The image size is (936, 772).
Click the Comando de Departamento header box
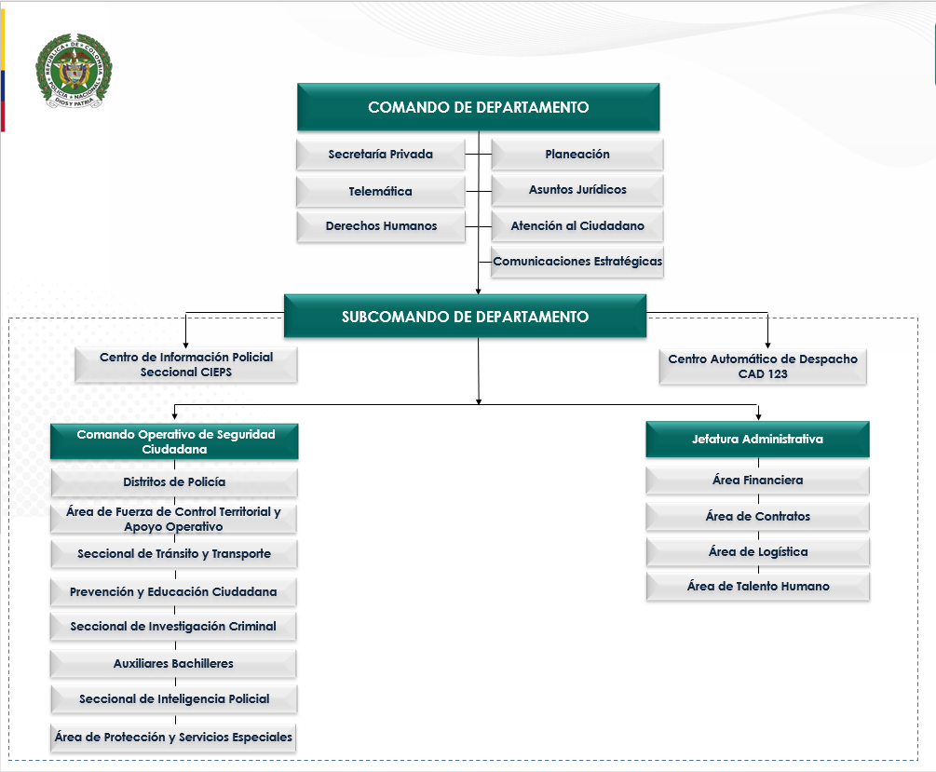(478, 107)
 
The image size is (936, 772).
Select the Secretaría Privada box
(380, 155)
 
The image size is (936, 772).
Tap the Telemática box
(380, 191)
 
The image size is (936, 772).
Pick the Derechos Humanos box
(380, 226)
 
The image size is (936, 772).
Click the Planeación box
(577, 155)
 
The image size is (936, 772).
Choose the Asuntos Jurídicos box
(577, 190)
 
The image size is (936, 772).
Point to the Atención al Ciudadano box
(577, 226)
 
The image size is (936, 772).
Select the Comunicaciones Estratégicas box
(577, 262)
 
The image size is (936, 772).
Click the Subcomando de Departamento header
(465, 317)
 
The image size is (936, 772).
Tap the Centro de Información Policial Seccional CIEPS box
(186, 364)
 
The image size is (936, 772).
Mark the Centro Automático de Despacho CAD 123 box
(763, 366)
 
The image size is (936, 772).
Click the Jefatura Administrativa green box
(757, 440)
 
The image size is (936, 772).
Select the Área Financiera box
(757, 481)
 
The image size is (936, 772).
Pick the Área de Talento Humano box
(757, 587)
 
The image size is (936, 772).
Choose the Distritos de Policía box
(174, 482)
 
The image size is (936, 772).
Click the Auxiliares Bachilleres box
(174, 664)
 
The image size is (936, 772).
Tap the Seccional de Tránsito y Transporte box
(174, 554)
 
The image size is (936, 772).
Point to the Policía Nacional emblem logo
(74, 73)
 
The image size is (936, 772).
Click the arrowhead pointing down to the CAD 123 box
(768, 344)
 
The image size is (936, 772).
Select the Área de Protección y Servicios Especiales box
(174, 738)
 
